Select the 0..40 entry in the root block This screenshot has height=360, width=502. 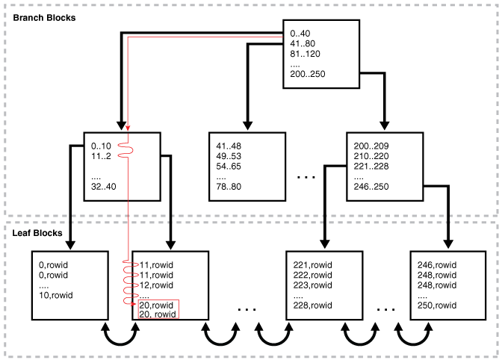301,33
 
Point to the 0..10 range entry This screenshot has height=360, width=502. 100,146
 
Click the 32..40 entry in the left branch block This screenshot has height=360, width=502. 102,187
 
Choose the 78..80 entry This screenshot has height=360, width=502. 229,188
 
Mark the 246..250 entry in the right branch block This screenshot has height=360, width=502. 371,188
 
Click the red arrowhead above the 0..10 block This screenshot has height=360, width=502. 128,128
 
